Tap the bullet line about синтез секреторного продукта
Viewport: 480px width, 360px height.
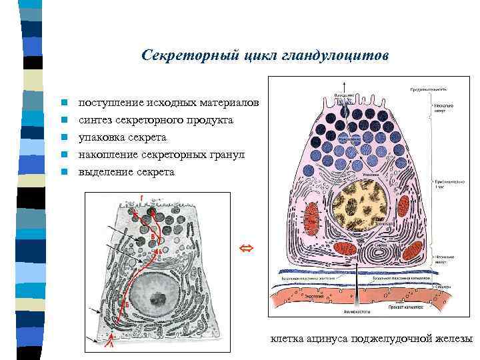pos(155,120)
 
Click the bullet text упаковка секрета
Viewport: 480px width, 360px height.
pos(122,137)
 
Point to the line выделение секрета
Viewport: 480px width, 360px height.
pos(126,172)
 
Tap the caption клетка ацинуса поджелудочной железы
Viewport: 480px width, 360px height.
pos(371,339)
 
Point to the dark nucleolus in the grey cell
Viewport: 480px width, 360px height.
pos(158,298)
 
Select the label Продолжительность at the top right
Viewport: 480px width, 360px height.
pos(428,89)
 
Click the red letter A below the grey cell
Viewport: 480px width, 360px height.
pos(101,345)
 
